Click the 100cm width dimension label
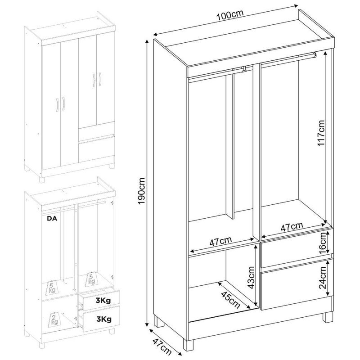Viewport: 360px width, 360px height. pos(230,15)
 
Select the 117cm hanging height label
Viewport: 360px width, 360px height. pos(320,133)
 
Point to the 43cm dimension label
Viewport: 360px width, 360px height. pos(252,278)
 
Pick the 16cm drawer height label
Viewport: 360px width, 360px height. pos(322,243)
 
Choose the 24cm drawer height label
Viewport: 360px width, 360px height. pos(323,277)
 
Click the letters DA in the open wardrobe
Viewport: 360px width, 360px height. pos(52,218)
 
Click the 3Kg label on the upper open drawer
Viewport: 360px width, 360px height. pos(103,300)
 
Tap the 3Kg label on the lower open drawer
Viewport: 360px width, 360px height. pos(104,319)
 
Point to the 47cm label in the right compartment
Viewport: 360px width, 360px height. pos(292,227)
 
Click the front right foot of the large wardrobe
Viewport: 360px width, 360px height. pos(328,317)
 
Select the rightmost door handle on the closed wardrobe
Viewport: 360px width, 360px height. pos(100,79)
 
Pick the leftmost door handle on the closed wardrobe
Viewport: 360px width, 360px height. pos(57,105)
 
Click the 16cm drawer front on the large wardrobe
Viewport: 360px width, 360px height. pos(297,248)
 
